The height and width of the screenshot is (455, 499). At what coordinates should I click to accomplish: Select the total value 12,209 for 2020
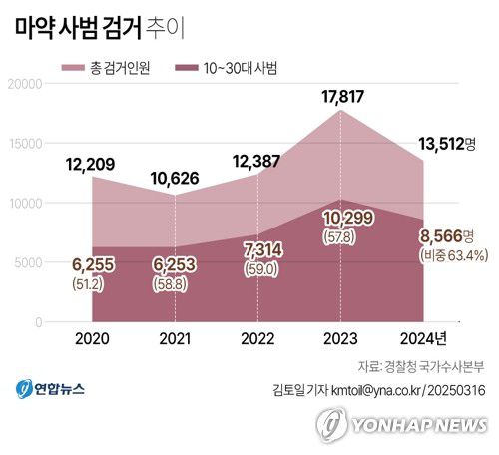pos(94,163)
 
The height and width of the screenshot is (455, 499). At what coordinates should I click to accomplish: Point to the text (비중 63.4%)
pos(453,255)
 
